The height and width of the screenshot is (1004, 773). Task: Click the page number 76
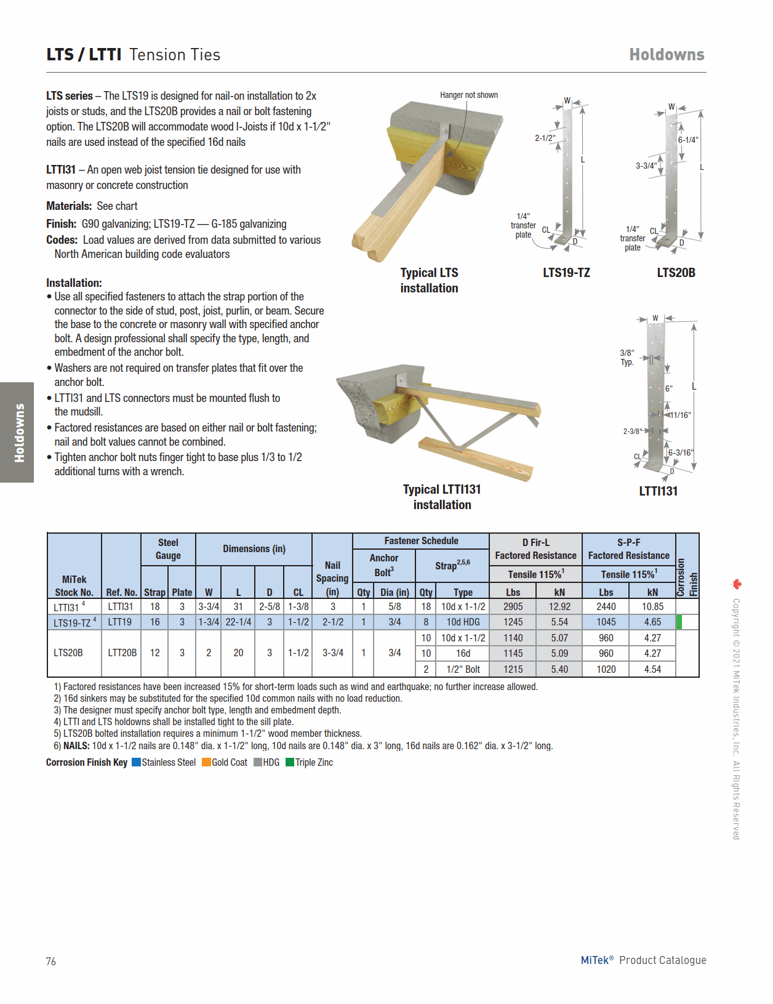pyautogui.click(x=51, y=961)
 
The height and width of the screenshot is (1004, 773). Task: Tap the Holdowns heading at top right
pyautogui.click(x=667, y=55)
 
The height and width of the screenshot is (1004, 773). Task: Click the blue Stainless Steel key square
pyautogui.click(x=137, y=762)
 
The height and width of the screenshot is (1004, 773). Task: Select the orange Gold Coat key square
pyautogui.click(x=207, y=762)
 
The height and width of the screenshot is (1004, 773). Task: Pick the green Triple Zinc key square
pyautogui.click(x=290, y=762)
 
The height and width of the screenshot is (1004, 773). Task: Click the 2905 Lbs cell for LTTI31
pyautogui.click(x=513, y=606)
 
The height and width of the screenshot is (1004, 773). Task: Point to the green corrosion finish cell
pyautogui.click(x=679, y=622)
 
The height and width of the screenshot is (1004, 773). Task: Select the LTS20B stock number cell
pyautogui.click(x=68, y=653)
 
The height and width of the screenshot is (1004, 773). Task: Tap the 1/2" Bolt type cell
pyautogui.click(x=463, y=669)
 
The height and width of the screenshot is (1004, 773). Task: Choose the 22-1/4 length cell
pyautogui.click(x=238, y=622)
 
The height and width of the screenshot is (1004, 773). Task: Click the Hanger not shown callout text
pyautogui.click(x=469, y=95)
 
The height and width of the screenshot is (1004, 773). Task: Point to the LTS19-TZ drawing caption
pyautogui.click(x=566, y=273)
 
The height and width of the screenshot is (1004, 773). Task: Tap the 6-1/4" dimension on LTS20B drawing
pyautogui.click(x=688, y=140)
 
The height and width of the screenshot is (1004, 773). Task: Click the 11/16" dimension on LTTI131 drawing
pyautogui.click(x=680, y=415)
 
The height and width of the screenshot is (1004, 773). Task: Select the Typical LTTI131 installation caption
pyautogui.click(x=442, y=497)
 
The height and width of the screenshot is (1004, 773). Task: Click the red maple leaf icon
pyautogui.click(x=737, y=584)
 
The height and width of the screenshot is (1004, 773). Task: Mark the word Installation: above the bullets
pyautogui.click(x=74, y=283)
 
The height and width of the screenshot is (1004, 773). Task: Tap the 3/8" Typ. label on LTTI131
pyautogui.click(x=627, y=357)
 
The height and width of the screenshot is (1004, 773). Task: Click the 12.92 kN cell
pyautogui.click(x=559, y=606)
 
